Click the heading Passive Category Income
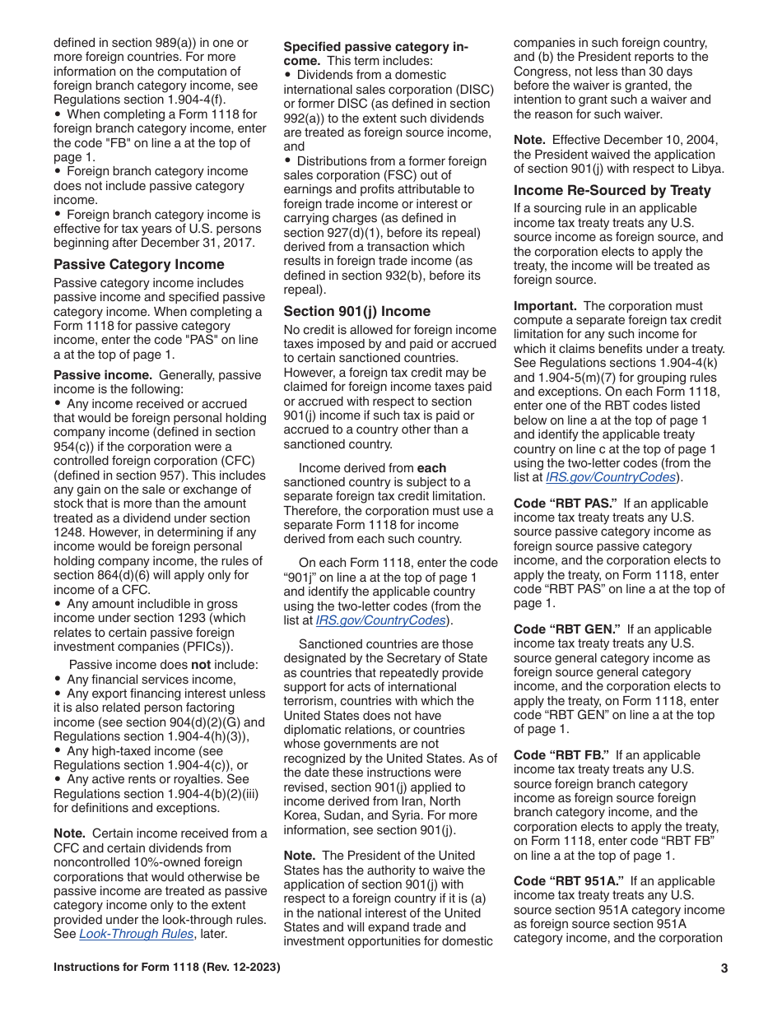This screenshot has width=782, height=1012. coord(138,264)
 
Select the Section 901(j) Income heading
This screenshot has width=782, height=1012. coord(356,311)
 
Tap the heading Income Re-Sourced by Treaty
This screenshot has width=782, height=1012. coord(612,190)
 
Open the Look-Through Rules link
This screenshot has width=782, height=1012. coord(136,934)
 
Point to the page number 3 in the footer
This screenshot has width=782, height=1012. coord(724,968)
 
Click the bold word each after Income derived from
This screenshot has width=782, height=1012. coord(431,468)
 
